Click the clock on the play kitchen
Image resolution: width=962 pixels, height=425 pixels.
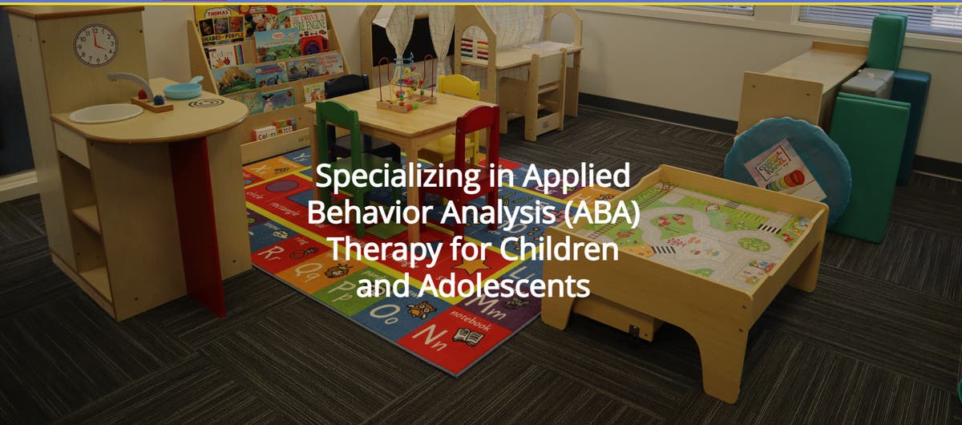pyautogui.click(x=95, y=45)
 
